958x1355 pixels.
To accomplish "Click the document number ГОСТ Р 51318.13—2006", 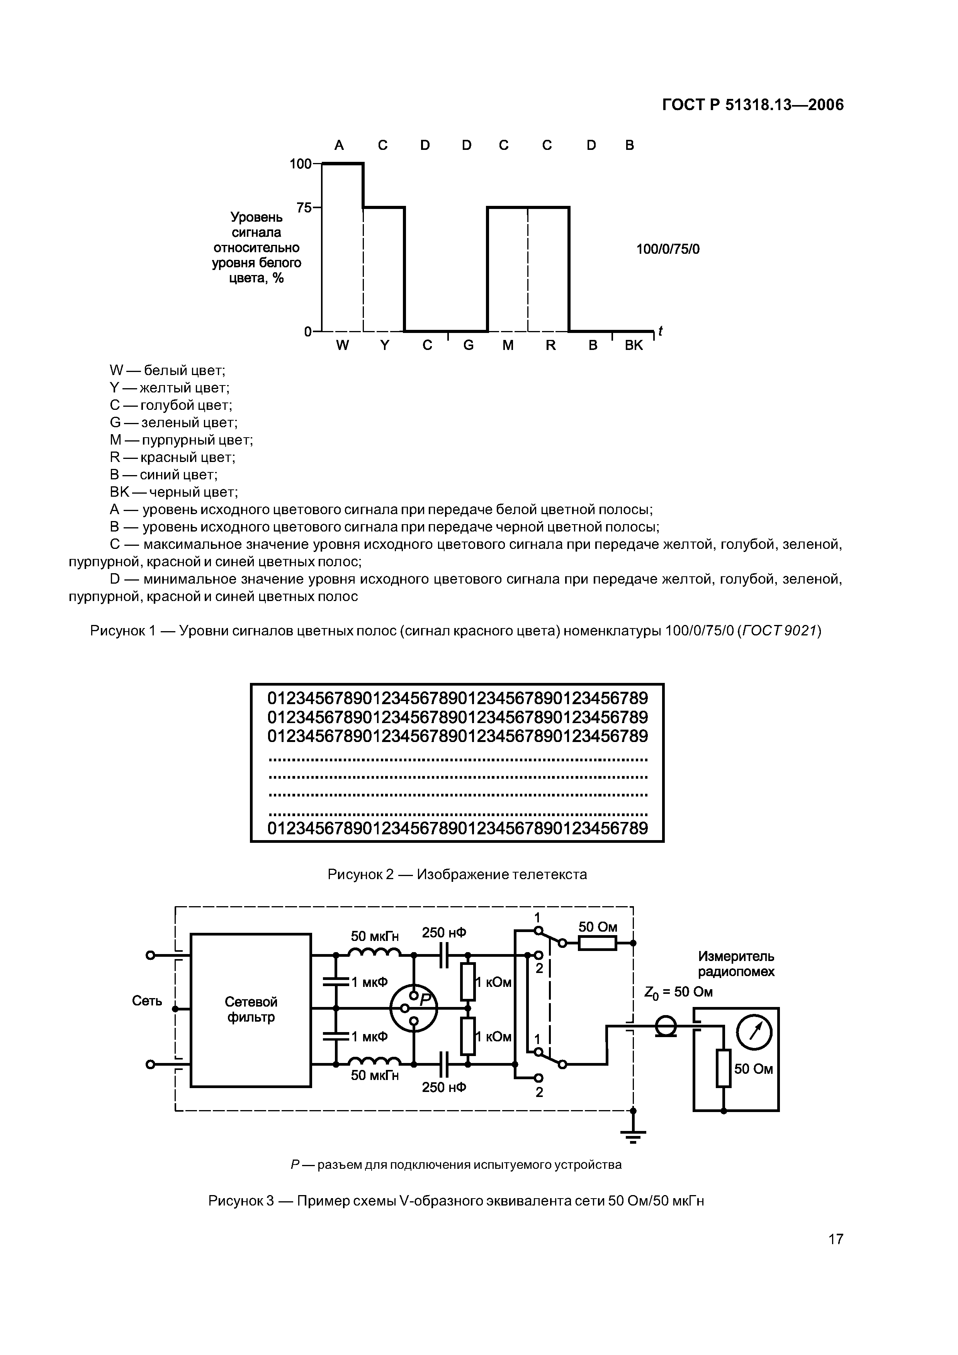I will point(752,105).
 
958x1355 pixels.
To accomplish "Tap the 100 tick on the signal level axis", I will point(301,163).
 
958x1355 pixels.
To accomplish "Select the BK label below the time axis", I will point(634,346).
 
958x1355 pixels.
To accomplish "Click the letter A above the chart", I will point(339,145).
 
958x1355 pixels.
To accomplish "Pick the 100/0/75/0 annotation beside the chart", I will point(668,249).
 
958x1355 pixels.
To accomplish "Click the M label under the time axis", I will point(508,346).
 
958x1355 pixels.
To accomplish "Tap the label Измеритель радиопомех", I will point(736,964).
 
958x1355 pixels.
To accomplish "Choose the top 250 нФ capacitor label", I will point(444,932).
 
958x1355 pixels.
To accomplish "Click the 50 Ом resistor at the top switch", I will point(597,943).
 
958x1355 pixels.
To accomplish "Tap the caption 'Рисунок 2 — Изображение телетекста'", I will point(457,874).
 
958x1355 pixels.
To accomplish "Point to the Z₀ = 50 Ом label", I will point(678,992).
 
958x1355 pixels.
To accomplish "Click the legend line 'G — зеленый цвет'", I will point(173,423).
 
